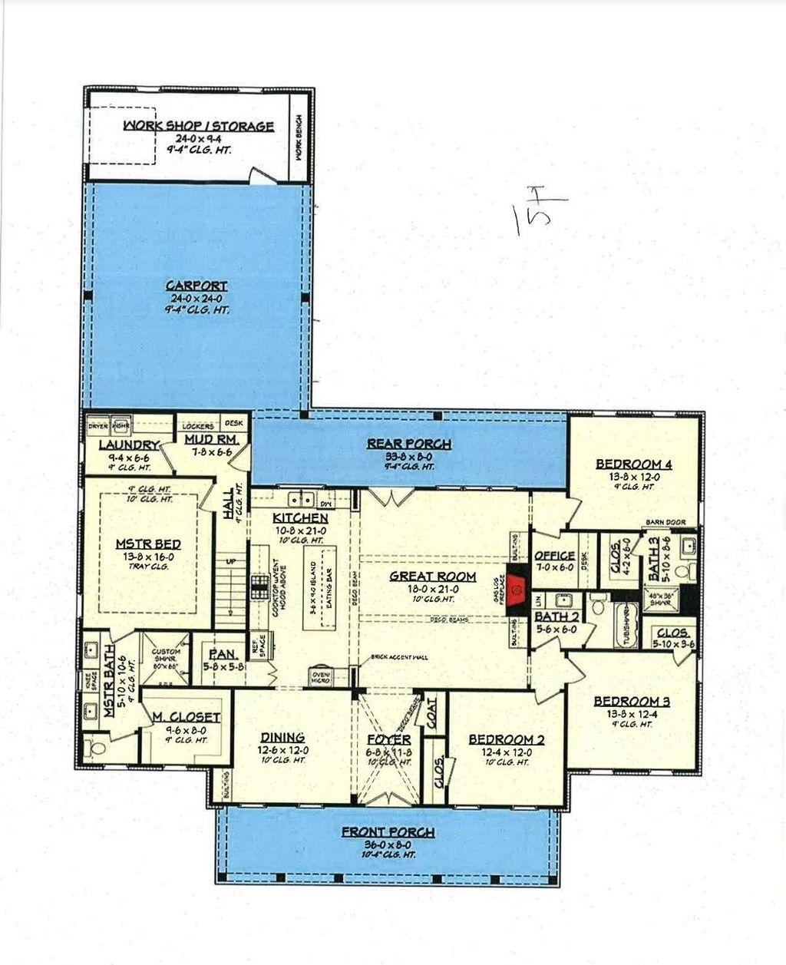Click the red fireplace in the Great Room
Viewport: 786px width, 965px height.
click(515, 587)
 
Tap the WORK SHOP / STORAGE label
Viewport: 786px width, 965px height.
click(198, 126)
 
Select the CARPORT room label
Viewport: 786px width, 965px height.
click(197, 286)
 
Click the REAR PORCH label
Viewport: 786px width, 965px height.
click(408, 444)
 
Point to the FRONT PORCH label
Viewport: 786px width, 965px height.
click(388, 832)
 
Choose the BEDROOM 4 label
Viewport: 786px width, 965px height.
click(634, 464)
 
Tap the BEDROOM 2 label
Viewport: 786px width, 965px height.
click(507, 739)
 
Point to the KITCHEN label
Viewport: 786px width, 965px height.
click(300, 518)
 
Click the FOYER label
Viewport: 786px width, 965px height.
click(389, 739)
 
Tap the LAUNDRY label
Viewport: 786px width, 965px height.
click(128, 445)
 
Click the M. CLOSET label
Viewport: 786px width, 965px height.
click(185, 717)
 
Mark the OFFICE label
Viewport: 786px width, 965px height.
click(554, 555)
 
